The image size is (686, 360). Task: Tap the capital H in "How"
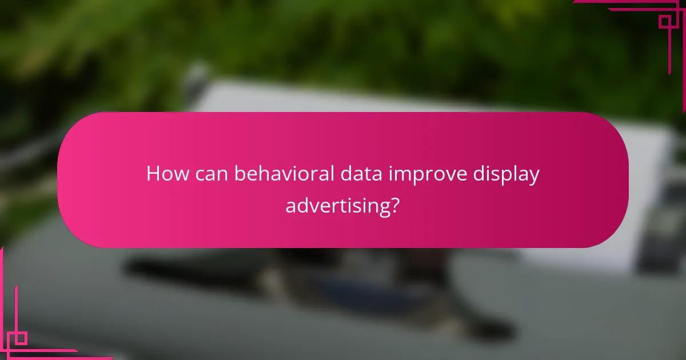(x=153, y=174)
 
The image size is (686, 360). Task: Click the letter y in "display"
(x=534, y=177)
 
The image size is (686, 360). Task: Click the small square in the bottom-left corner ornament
(x=21, y=338)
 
